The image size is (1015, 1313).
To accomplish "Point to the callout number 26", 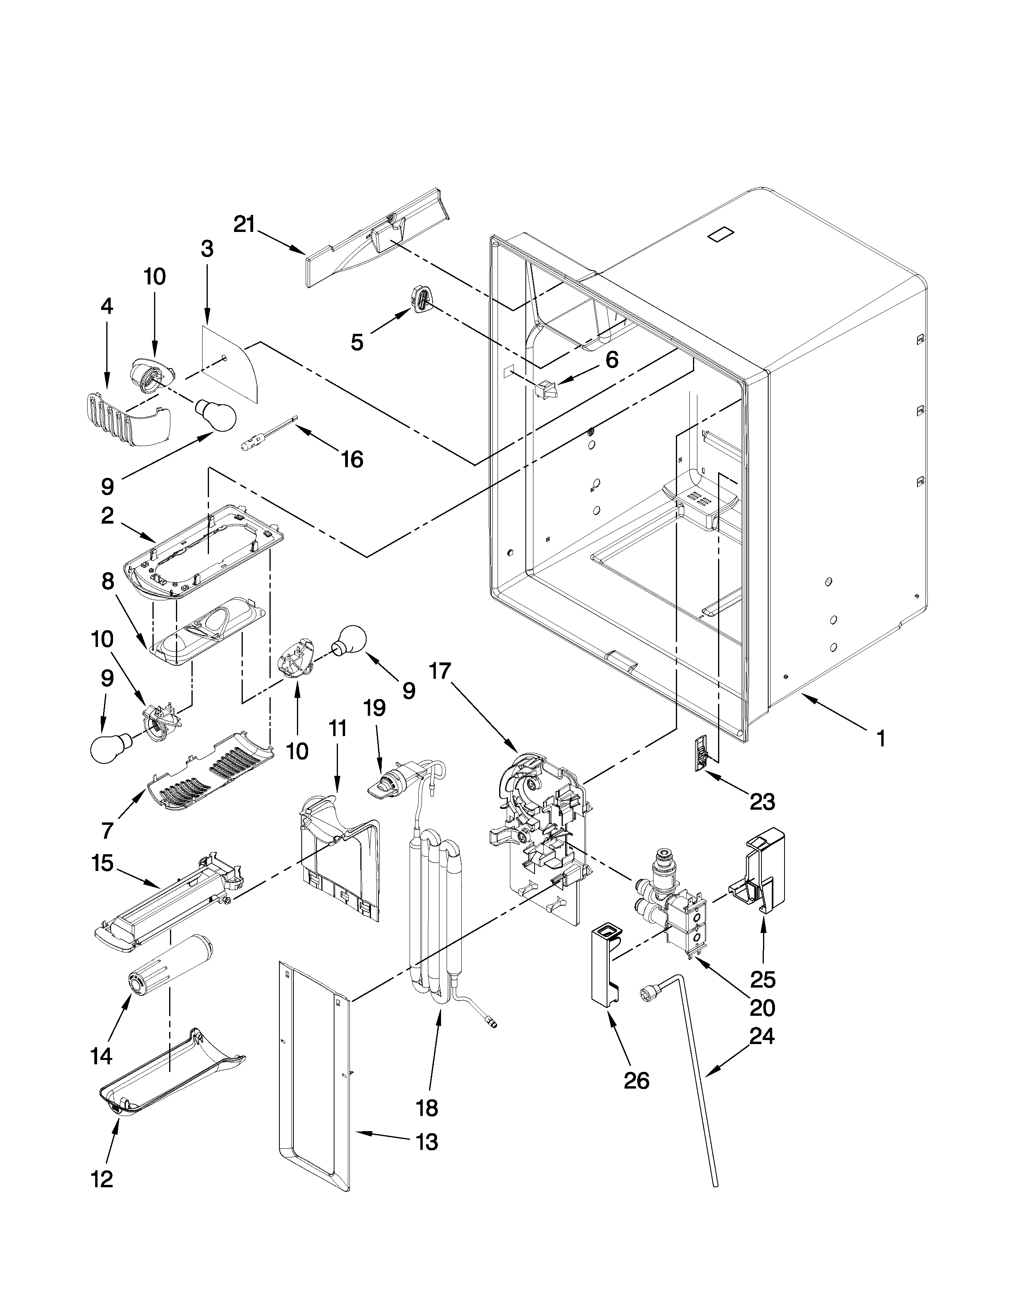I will (x=636, y=1080).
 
